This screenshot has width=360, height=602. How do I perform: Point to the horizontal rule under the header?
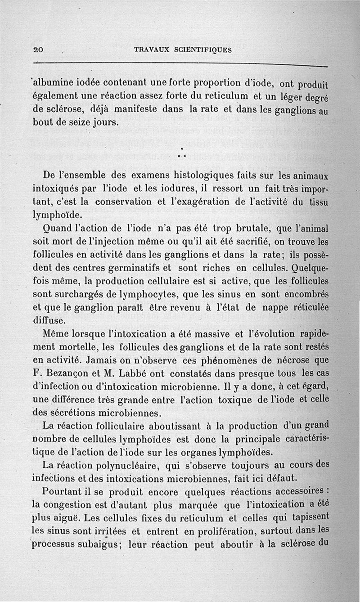click(x=180, y=64)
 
